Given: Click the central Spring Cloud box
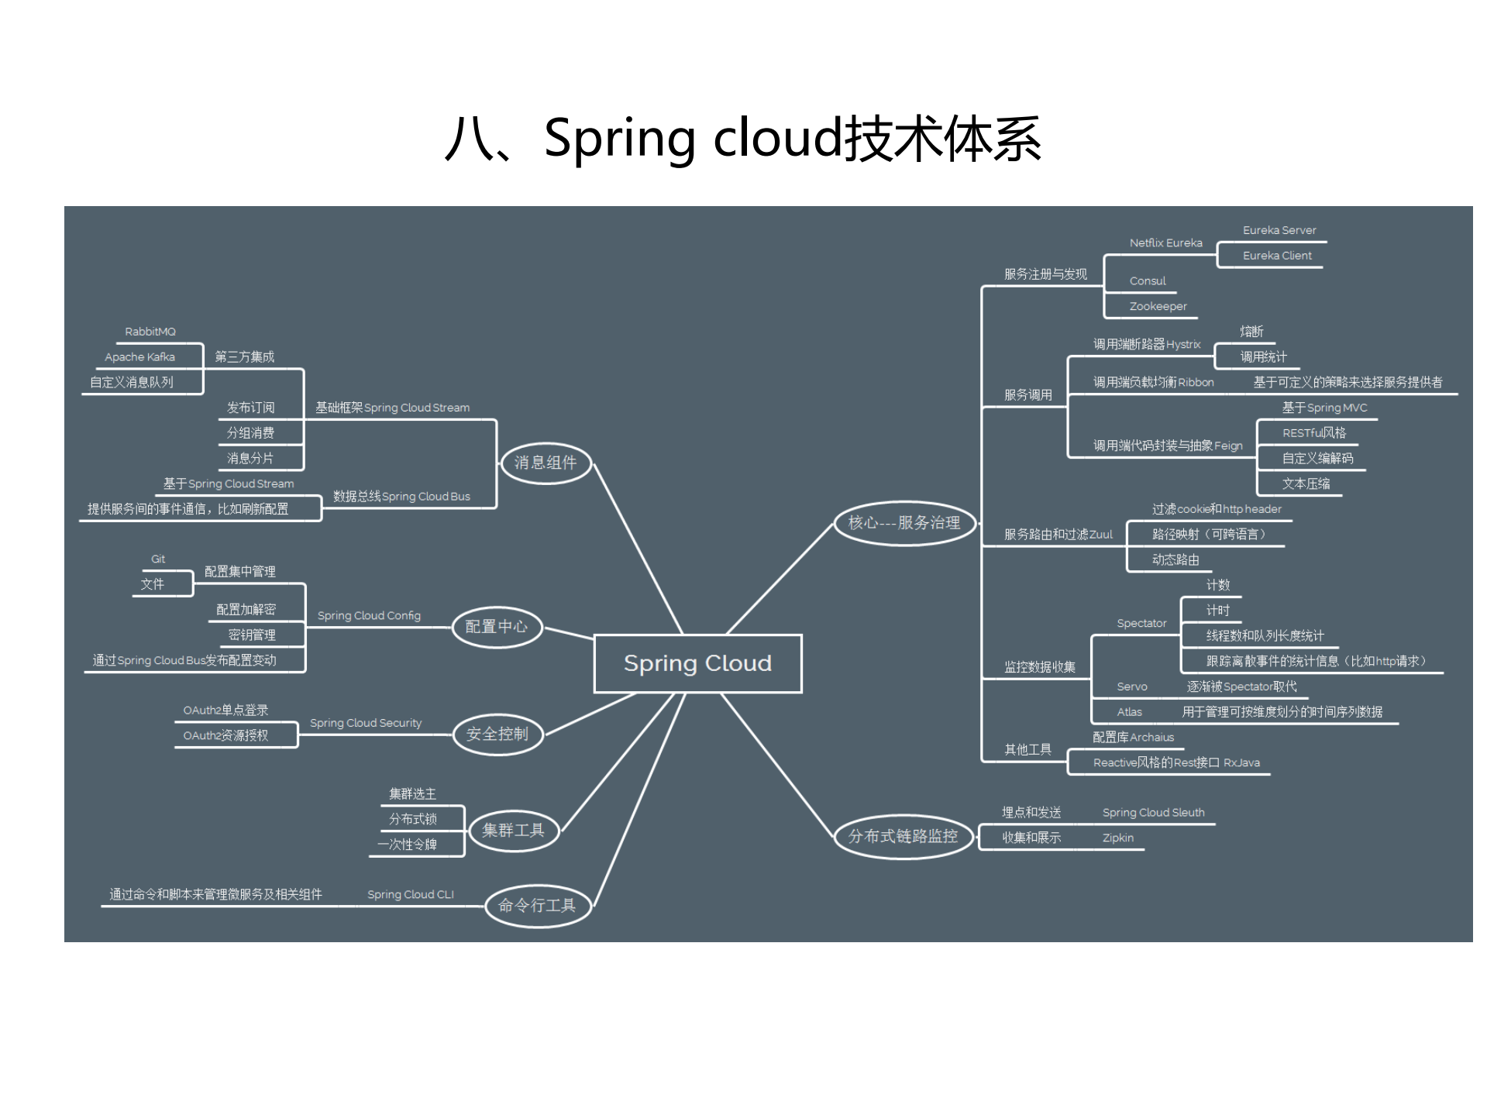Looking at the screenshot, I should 697,663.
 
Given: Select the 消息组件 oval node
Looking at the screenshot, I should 546,463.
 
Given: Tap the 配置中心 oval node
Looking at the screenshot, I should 497,627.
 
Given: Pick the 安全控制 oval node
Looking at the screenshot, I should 497,734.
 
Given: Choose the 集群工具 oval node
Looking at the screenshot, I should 513,831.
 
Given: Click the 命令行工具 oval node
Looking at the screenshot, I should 537,905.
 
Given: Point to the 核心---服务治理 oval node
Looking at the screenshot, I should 904,523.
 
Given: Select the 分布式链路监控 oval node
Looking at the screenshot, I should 903,837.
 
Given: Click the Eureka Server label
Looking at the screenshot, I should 1279,230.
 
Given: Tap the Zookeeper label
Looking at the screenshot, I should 1158,306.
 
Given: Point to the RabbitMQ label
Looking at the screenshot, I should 150,332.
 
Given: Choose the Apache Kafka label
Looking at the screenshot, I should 139,357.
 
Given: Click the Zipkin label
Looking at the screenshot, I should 1117,838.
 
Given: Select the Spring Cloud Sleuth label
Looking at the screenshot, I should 1153,812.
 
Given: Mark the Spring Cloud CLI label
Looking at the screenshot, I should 410,894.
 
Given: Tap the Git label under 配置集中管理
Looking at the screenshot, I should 158,559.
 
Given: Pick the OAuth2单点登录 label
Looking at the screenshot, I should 225,710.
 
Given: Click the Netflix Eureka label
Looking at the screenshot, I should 1165,243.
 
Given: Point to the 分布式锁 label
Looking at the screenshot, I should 413,819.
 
